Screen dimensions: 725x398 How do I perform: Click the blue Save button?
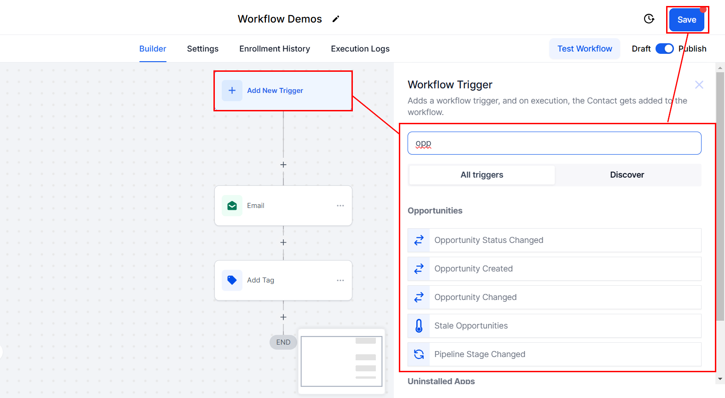(x=686, y=20)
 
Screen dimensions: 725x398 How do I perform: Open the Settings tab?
(x=202, y=49)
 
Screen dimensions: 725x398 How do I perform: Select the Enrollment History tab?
(x=275, y=49)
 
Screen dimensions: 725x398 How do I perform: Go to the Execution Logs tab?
(x=360, y=49)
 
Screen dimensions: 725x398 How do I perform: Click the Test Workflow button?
(x=585, y=49)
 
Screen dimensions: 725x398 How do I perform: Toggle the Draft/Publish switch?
(x=664, y=49)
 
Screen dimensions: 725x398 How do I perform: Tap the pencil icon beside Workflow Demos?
(x=336, y=19)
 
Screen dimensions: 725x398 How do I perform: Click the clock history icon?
(x=649, y=19)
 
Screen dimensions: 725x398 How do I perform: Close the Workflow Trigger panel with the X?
(x=699, y=85)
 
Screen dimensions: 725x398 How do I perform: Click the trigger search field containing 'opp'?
(x=554, y=143)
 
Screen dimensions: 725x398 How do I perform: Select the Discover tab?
(x=627, y=175)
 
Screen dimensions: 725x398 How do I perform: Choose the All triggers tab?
(x=482, y=175)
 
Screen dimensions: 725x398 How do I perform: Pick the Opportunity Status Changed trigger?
(x=554, y=240)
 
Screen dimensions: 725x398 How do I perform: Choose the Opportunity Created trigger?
(x=554, y=268)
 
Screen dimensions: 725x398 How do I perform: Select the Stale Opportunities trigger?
(x=554, y=325)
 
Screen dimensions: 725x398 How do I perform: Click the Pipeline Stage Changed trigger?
(x=554, y=354)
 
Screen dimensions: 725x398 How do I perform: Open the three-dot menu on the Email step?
(x=340, y=206)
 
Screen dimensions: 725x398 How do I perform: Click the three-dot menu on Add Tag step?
(x=340, y=281)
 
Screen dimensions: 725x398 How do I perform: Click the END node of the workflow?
(x=283, y=342)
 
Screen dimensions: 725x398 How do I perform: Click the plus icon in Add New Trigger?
(x=232, y=91)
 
